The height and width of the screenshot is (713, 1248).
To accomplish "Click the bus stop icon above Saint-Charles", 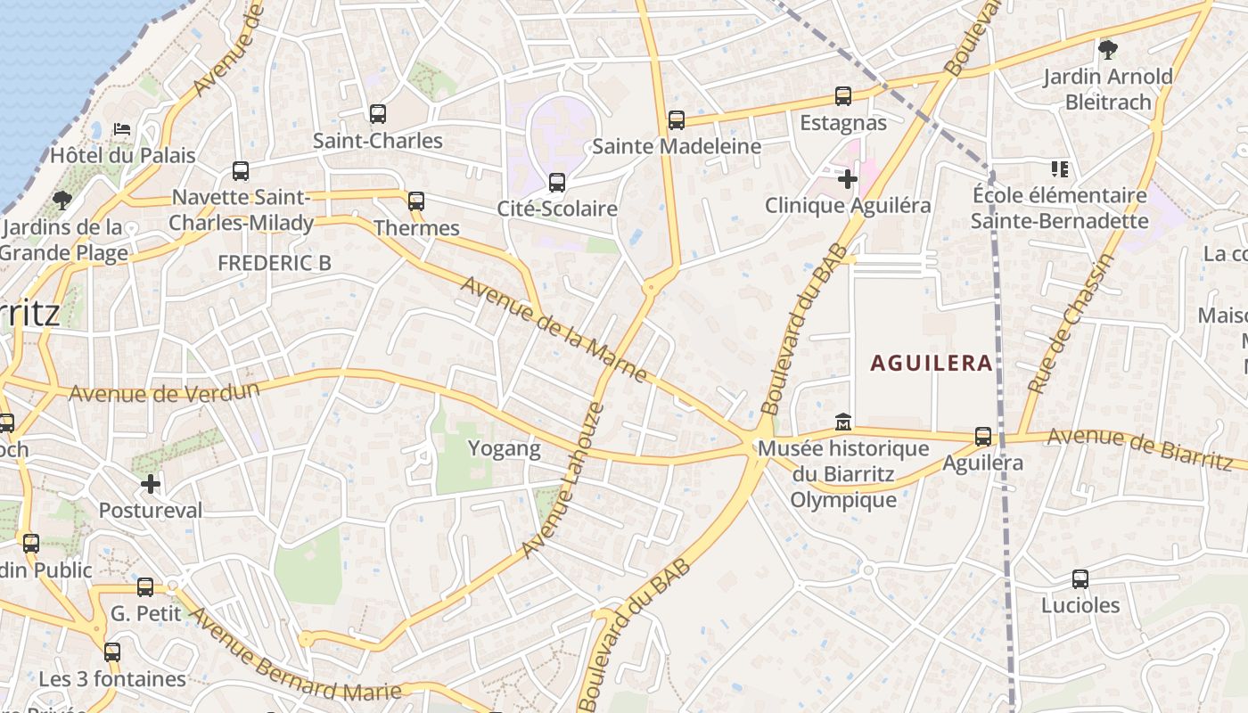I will coord(378,114).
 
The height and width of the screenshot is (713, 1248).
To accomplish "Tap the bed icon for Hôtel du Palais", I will coord(122,129).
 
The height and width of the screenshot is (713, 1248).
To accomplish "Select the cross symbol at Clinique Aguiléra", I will coord(847,180).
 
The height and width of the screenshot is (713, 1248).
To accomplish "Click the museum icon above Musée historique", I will coord(842,421).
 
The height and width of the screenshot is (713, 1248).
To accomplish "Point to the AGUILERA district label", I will coord(931,363).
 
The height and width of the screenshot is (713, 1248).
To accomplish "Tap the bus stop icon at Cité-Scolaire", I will coord(557,183).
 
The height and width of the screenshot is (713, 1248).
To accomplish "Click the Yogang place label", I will coord(505,448).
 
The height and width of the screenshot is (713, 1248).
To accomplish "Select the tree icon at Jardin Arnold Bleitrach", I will coord(1108,50).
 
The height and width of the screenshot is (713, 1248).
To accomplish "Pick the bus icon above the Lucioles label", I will coord(1080,579).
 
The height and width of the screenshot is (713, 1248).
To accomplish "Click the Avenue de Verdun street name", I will coord(164,392).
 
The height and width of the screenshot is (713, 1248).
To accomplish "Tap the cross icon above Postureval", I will coord(151,484).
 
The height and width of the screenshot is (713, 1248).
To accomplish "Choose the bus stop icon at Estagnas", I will coord(843,96).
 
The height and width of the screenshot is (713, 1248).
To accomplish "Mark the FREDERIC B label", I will coord(275,263).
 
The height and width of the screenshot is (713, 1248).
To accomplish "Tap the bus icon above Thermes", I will coord(416,201).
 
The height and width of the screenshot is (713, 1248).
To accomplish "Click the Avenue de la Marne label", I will coord(554,329).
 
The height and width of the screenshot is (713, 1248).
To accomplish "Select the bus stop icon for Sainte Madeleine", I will coord(677,120).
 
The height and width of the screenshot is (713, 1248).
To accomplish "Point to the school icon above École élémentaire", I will coord(1059,168).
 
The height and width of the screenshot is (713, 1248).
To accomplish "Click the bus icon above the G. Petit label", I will coord(145,587).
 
